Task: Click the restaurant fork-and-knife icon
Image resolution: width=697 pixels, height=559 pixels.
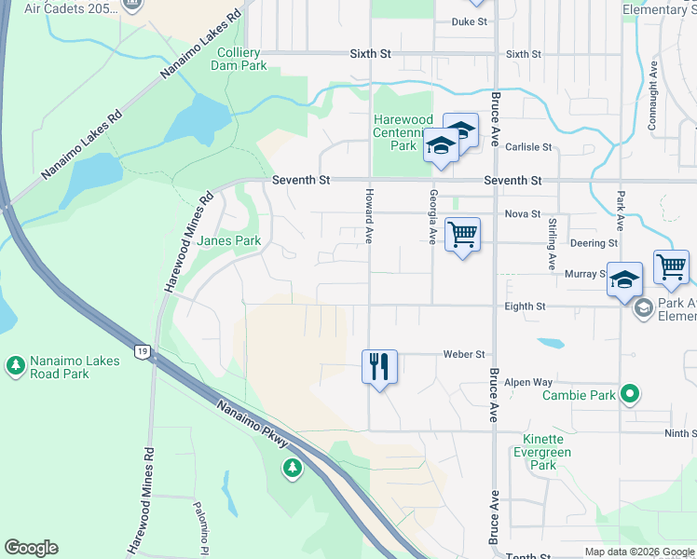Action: click(379, 365)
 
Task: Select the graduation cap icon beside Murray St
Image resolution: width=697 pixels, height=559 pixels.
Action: click(625, 279)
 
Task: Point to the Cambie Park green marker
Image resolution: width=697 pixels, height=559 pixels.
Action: click(631, 395)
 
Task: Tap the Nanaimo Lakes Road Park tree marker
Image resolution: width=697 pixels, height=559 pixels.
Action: click(16, 365)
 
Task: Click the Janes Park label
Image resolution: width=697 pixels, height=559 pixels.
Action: click(229, 240)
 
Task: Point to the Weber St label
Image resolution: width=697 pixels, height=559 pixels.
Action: click(465, 355)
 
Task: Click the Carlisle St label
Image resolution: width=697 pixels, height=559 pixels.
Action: click(528, 147)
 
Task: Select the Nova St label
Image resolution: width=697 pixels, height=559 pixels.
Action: click(523, 214)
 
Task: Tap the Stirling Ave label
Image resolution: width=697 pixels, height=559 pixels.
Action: click(552, 243)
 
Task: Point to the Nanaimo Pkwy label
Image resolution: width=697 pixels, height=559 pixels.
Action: click(255, 425)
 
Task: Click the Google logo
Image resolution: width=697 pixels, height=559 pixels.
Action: click(31, 548)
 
